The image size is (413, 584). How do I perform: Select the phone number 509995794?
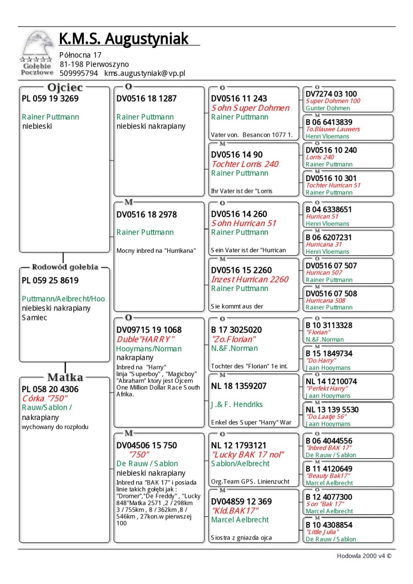(x=79, y=73)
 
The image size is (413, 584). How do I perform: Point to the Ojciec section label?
(x=65, y=88)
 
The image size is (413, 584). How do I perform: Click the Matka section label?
(x=65, y=377)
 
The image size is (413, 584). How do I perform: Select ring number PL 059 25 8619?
(x=50, y=281)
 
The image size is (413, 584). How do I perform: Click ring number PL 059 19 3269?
(x=50, y=99)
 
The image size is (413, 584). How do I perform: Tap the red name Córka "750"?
(x=44, y=398)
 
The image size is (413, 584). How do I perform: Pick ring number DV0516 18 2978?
(x=147, y=214)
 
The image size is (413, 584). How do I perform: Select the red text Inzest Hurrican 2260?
(x=250, y=279)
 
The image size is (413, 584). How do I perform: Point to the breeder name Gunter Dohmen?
(x=328, y=108)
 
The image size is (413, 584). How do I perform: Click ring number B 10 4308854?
(x=329, y=525)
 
